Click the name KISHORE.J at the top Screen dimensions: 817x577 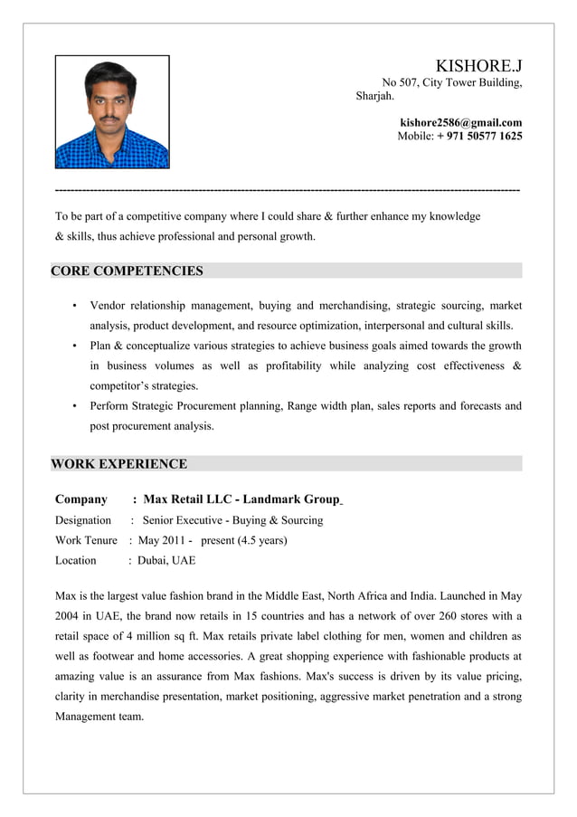click(478, 66)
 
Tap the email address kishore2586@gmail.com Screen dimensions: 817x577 click(460, 122)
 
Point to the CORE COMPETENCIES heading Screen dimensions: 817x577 click(128, 271)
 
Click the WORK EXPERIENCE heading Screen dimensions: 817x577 click(119, 464)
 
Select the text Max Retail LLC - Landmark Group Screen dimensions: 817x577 click(241, 499)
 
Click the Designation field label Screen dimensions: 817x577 click(83, 520)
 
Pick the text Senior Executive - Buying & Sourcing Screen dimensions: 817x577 click(232, 520)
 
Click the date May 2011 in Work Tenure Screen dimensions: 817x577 click(162, 540)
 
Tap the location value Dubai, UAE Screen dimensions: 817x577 click(166, 560)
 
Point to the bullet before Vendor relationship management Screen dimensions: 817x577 click(73, 306)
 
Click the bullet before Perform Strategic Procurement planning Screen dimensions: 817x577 click(73, 406)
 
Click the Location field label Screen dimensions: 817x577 click(76, 560)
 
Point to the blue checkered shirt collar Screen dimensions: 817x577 click(111, 132)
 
